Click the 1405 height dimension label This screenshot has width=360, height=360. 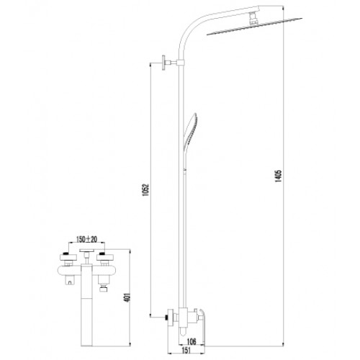279,176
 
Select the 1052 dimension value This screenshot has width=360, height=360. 146,190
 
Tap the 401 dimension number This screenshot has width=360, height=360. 127,297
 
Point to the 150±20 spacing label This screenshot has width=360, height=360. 86,239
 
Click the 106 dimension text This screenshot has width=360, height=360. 192,341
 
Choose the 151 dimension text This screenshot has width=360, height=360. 186,350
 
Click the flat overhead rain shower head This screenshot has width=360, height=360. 254,27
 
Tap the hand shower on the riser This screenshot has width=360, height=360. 190,131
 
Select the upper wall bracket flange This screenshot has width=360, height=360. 164,63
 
